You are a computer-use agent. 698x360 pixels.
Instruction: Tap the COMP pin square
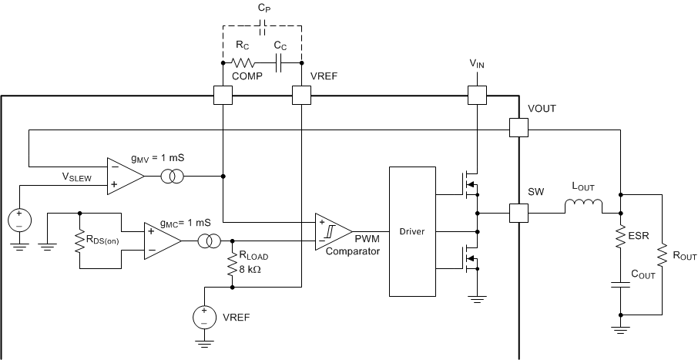(x=222, y=96)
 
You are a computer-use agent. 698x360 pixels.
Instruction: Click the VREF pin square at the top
(x=300, y=96)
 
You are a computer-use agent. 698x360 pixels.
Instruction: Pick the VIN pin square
(x=478, y=96)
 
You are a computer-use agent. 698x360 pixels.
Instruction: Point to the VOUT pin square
(x=519, y=127)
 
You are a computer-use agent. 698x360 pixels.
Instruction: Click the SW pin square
(x=519, y=212)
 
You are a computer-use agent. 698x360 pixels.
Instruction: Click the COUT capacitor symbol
(x=621, y=284)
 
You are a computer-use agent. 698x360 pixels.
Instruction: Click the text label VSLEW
(x=77, y=177)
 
